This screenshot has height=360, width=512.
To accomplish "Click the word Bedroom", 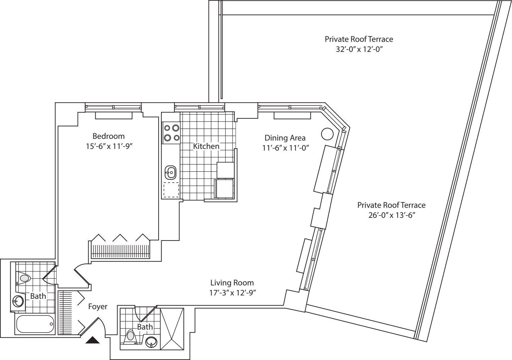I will pos(108,136).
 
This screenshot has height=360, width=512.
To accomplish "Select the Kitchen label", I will pos(206,146).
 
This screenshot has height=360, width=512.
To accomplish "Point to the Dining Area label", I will pos(285,138).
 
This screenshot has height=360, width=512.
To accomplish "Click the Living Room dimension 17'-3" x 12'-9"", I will pos(232,293).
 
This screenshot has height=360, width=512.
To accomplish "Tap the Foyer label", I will pos(98,306).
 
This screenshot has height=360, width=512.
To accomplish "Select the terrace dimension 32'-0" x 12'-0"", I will pos(359,49).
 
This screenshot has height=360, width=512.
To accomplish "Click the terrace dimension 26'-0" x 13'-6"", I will pos(391,215).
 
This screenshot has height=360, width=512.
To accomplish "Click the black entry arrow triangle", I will pos(93,341).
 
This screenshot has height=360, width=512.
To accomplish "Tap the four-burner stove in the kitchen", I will pos(171,132).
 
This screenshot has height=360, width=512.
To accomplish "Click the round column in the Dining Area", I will pos(327,134).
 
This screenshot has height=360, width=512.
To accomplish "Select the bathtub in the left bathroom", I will pos(35,324).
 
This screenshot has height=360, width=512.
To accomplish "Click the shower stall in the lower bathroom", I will pos(172,329).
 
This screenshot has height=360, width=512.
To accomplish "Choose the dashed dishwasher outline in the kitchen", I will pos(171,190).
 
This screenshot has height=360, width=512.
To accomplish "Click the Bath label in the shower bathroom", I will pos(145,327).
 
